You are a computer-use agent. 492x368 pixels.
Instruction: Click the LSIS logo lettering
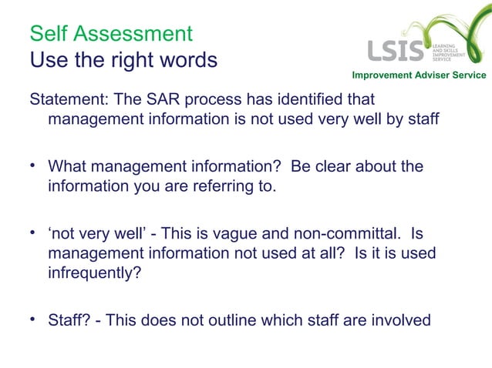tap(396, 51)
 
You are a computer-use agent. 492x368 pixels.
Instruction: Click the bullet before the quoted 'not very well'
tap(33, 233)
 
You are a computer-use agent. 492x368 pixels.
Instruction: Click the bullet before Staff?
tap(33, 319)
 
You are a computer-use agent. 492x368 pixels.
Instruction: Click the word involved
tap(402, 319)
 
